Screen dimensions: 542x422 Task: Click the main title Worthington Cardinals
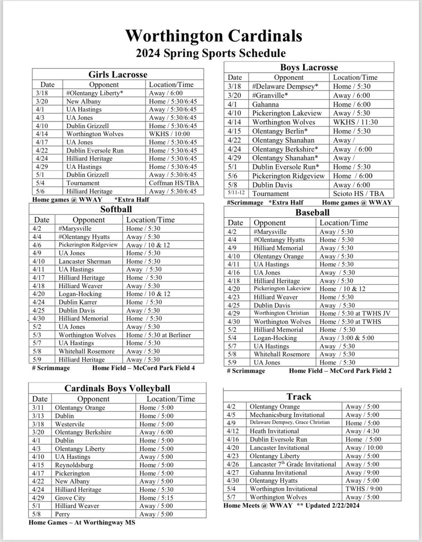[x=211, y=35]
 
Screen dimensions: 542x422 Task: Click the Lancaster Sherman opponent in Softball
[x=84, y=261]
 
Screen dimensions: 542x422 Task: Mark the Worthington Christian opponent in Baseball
[x=282, y=313]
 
